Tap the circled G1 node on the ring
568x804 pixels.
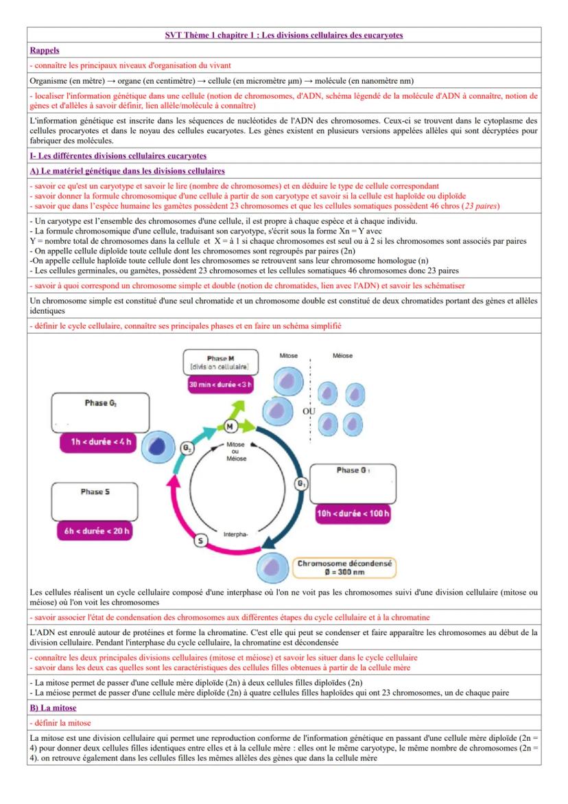(x=300, y=483)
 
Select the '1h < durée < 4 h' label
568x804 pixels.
(x=99, y=441)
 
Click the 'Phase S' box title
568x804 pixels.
(x=95, y=492)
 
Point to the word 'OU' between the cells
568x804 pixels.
(x=309, y=411)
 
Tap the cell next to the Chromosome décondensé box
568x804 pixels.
(x=272, y=568)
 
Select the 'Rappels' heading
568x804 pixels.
(x=44, y=50)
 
